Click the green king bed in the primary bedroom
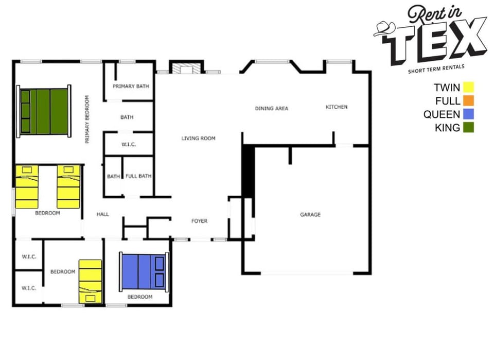(x=44, y=112)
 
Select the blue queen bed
(x=144, y=271)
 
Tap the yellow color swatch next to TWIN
(x=468, y=87)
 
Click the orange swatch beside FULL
(x=468, y=100)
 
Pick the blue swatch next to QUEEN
(x=468, y=114)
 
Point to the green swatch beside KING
(x=468, y=127)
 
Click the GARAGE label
(x=310, y=214)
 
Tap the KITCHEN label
(x=337, y=107)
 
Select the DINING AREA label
(x=272, y=109)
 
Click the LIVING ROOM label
(x=198, y=138)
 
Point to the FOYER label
(x=199, y=221)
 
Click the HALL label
(x=102, y=214)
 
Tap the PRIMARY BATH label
(x=131, y=86)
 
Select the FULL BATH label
(x=138, y=176)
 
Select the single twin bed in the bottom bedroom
(x=90, y=281)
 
